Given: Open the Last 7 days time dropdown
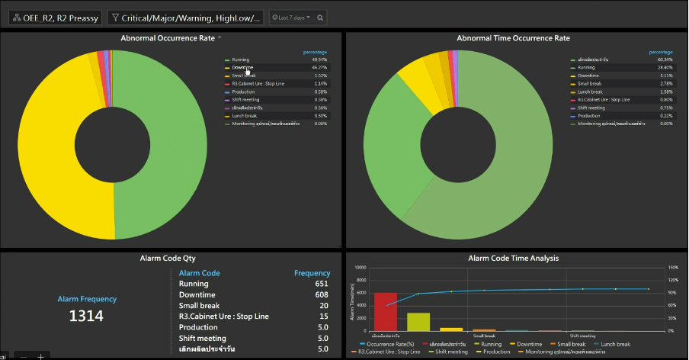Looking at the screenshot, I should pos(292,18).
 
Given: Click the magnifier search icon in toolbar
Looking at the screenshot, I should pos(321,18).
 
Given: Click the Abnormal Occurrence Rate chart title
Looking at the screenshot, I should pos(168,37).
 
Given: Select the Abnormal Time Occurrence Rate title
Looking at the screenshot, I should pos(513,37).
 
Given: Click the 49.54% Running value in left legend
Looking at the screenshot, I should pos(320,59).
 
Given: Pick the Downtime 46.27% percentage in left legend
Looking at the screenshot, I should pos(320,68).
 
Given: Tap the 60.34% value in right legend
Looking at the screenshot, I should pos(665,59).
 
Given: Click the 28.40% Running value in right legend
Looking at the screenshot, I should pos(665,68).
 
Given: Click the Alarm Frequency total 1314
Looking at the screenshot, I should pos(86,316).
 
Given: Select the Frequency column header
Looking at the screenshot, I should pos(312,273).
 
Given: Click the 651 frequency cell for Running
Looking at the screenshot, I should pos(322,284).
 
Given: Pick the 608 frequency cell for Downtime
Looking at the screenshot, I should pos(322,294).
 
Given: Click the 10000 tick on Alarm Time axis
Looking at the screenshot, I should pos(361,268).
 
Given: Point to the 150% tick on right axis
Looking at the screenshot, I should pos(672,268).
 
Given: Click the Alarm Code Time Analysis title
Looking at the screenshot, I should pos(513,258).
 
